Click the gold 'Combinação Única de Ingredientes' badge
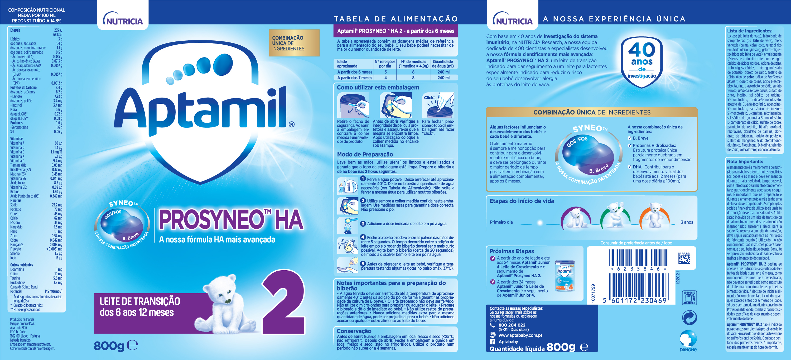pyautogui.click(x=294, y=43)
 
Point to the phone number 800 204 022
pyautogui.click(x=512, y=325)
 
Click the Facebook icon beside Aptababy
pyautogui.click(x=492, y=342)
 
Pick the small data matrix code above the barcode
pyautogui.click(x=684, y=258)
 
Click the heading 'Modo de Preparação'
pyautogui.click(x=365, y=155)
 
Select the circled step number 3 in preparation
pyautogui.click(x=363, y=224)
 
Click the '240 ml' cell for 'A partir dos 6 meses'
pyautogui.click(x=443, y=72)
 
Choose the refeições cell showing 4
pyautogui.click(x=385, y=78)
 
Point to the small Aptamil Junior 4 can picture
pyautogui.click(x=565, y=276)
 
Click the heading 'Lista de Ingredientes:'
pyautogui.click(x=750, y=31)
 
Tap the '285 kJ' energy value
pyautogui.click(x=58, y=30)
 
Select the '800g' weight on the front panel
pyautogui.click(x=109, y=346)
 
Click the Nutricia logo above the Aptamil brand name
pyautogui.click(x=123, y=19)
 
